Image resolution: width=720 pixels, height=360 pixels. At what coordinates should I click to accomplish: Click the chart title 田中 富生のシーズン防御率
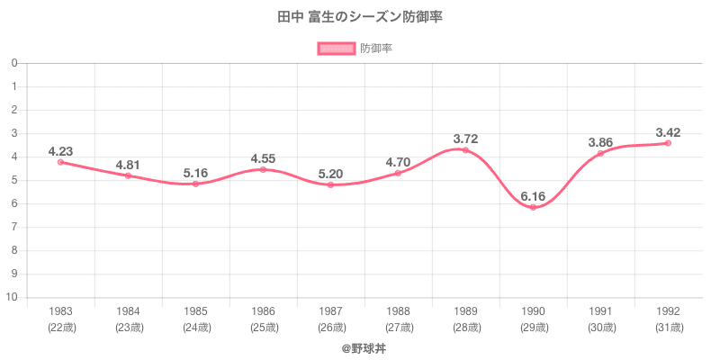click(x=359, y=17)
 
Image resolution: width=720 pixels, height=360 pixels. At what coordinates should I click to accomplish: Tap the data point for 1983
click(x=60, y=162)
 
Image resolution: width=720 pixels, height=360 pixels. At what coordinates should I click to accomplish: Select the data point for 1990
click(x=533, y=208)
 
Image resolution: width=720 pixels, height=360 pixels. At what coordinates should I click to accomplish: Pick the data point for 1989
click(x=465, y=150)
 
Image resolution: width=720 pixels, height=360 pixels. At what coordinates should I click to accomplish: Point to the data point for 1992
click(x=668, y=143)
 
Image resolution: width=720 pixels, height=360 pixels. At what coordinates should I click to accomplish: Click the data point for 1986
click(x=263, y=169)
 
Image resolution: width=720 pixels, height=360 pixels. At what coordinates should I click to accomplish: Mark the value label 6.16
click(x=533, y=195)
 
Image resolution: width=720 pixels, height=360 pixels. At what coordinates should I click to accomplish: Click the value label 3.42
click(x=668, y=132)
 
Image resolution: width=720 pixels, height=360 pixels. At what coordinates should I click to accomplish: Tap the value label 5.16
click(x=195, y=172)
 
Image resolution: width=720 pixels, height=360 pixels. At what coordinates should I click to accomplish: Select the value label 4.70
click(x=398, y=162)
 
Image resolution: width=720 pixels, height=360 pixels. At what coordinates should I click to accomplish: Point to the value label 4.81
click(x=128, y=165)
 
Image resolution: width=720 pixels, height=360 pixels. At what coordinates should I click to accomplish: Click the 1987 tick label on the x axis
click(x=330, y=311)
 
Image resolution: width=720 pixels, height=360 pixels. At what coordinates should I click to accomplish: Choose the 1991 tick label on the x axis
click(x=600, y=311)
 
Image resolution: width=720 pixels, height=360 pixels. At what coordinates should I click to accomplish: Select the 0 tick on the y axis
click(x=15, y=64)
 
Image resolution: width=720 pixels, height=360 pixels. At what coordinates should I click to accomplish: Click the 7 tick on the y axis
click(x=15, y=228)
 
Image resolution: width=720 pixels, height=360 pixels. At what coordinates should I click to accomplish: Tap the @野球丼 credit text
click(x=359, y=346)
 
